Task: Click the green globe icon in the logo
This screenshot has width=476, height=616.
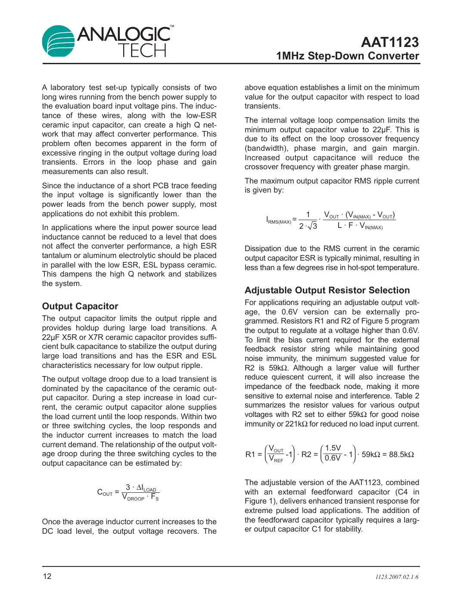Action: [x=58, y=41]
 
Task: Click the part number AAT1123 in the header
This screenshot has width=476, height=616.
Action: [x=389, y=42]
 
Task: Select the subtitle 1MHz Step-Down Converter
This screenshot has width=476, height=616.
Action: [x=347, y=56]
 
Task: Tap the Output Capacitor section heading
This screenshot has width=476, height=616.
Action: [x=80, y=306]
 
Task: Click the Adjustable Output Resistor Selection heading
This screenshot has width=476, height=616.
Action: [x=327, y=290]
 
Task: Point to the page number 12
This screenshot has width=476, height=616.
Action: [x=47, y=576]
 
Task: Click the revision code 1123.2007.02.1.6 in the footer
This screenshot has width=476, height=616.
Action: [x=396, y=577]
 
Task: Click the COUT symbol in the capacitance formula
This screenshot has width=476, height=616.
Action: [x=105, y=492]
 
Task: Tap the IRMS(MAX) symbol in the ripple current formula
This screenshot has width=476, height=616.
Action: [x=278, y=221]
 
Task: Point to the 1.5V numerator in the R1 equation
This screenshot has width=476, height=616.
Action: [x=333, y=448]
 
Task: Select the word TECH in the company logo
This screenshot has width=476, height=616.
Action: [x=143, y=51]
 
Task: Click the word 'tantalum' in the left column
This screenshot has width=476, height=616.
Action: [x=56, y=255]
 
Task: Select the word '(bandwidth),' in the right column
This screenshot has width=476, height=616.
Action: [x=266, y=148]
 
